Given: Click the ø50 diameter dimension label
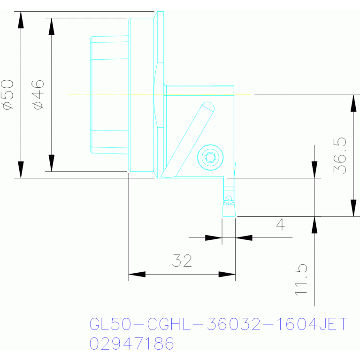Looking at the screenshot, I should [9, 94].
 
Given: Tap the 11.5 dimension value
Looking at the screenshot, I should [301, 279].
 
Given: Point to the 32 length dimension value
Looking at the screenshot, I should [182, 260].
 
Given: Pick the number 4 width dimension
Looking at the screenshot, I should [280, 225].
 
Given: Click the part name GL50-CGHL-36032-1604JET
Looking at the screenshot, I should [218, 324].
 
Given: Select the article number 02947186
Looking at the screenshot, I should [131, 344].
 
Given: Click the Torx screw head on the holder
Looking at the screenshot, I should [210, 156].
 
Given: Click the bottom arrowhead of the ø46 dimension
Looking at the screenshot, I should [52, 163].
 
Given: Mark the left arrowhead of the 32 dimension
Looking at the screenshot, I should [137, 274].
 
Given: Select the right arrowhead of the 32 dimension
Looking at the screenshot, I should [227, 274].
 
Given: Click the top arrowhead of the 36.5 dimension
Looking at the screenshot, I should [352, 103].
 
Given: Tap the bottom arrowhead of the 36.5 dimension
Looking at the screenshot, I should [352, 208].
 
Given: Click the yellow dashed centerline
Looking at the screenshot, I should [113, 95].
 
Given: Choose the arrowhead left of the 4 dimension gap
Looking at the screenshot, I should [214, 237].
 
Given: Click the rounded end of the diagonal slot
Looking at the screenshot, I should [208, 107].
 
